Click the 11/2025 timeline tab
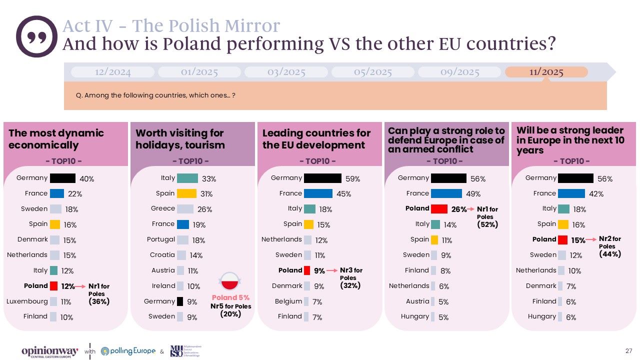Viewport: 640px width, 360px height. click(x=546, y=72)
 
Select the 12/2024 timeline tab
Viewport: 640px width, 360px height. click(x=112, y=72)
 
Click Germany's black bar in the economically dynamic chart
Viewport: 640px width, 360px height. click(x=62, y=178)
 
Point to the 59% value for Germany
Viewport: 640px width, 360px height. click(x=352, y=179)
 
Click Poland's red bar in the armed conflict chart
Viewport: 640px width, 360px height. click(x=439, y=209)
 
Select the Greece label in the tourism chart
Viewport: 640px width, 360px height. click(x=163, y=208)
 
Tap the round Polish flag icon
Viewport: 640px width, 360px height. click(x=231, y=283)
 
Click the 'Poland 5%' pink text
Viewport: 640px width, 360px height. click(x=230, y=298)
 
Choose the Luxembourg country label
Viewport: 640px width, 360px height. click(x=27, y=301)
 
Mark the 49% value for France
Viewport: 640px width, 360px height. click(x=473, y=194)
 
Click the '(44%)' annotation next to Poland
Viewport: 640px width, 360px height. click(x=609, y=254)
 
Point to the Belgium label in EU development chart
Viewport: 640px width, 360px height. click(x=288, y=301)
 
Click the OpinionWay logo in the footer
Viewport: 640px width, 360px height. click(x=49, y=351)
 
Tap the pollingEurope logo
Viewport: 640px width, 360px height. click(x=128, y=351)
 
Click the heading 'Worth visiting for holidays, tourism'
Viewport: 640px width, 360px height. click(x=180, y=139)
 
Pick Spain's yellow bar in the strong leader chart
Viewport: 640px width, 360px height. click(x=562, y=224)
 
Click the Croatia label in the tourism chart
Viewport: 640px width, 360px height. click(x=162, y=255)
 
